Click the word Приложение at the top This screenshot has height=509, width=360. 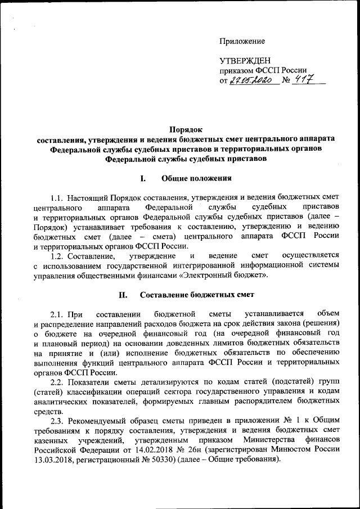(242, 41)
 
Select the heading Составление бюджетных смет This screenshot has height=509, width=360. (197, 294)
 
